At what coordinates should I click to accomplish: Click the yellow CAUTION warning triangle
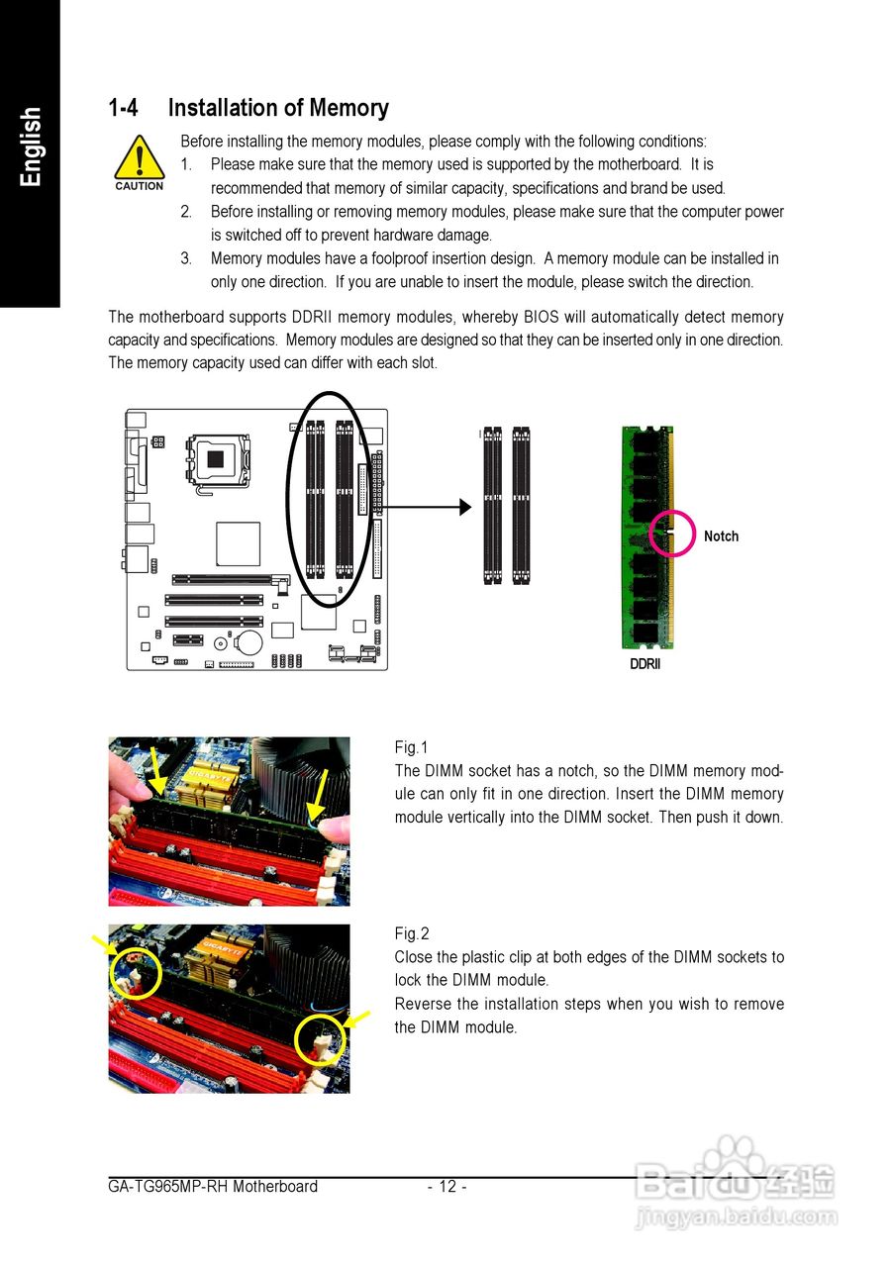[139, 159]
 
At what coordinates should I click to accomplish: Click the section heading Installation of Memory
[278, 108]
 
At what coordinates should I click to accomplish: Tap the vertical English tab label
[31, 146]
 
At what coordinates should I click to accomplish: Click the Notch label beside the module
[721, 536]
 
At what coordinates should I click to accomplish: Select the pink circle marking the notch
[673, 535]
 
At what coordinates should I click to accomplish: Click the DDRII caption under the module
[645, 664]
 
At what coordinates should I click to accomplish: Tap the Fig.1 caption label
[412, 747]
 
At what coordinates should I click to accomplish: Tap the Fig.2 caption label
[412, 933]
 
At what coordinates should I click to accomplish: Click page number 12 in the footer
[447, 1187]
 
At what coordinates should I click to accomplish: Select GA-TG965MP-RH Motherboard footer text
[213, 1187]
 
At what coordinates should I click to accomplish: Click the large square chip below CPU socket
[239, 544]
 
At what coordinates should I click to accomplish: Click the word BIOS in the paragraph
[542, 318]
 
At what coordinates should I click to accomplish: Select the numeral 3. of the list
[186, 258]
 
